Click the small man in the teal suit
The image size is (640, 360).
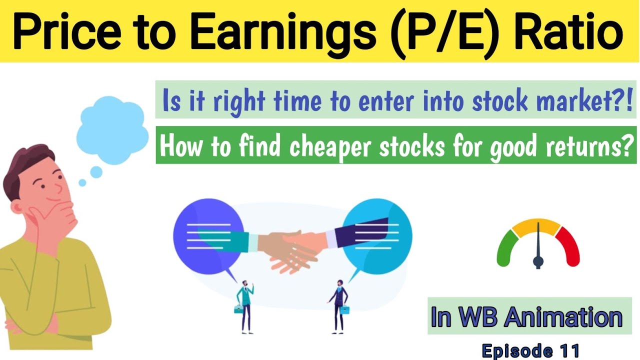[x=244, y=305]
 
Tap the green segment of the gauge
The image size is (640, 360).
[x=506, y=247]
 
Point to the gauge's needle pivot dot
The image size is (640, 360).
[x=538, y=260]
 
